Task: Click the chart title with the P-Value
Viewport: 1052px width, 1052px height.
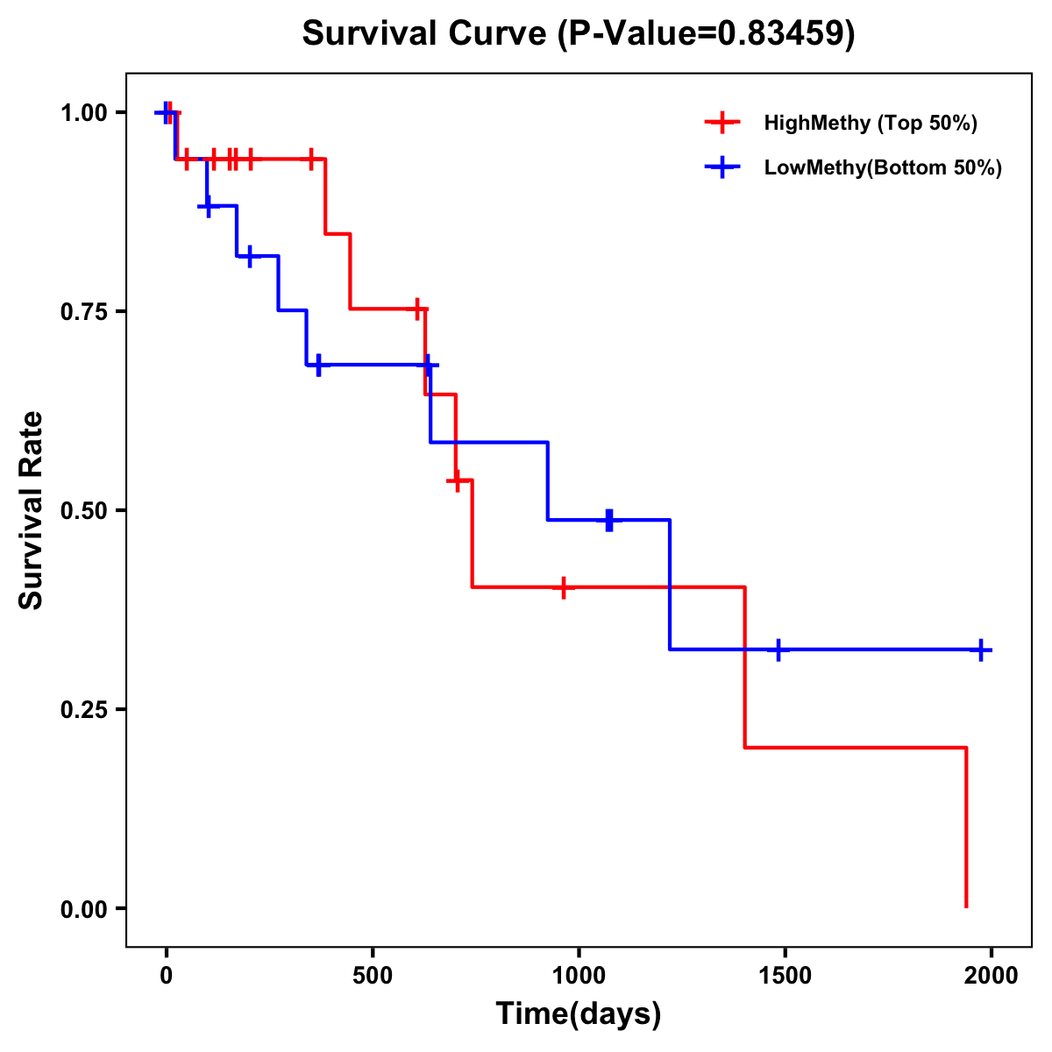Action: point(579,34)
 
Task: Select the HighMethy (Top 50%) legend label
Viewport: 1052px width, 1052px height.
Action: point(870,123)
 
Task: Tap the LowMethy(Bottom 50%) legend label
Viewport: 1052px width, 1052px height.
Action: point(883,167)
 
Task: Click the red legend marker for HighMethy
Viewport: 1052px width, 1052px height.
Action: point(722,123)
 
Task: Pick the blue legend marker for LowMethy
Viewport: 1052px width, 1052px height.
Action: point(722,167)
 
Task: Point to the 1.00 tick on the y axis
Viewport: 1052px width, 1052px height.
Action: point(83,113)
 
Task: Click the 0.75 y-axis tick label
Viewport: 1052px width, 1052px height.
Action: point(83,312)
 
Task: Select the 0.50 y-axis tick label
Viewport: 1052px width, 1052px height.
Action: point(83,511)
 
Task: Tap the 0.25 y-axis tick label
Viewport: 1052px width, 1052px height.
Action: point(83,710)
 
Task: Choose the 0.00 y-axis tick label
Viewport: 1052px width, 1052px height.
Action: point(83,909)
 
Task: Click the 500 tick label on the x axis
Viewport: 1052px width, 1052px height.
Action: point(373,975)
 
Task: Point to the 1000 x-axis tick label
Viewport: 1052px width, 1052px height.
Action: point(579,975)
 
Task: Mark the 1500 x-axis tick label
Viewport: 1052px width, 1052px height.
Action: point(785,975)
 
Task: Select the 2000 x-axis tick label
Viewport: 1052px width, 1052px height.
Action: point(992,975)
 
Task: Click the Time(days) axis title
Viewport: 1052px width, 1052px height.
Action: point(579,1014)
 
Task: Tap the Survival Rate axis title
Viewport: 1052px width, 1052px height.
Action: point(32,510)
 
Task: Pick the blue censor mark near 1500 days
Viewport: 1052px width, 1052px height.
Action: point(778,650)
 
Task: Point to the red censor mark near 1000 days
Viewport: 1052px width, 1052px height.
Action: point(563,587)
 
